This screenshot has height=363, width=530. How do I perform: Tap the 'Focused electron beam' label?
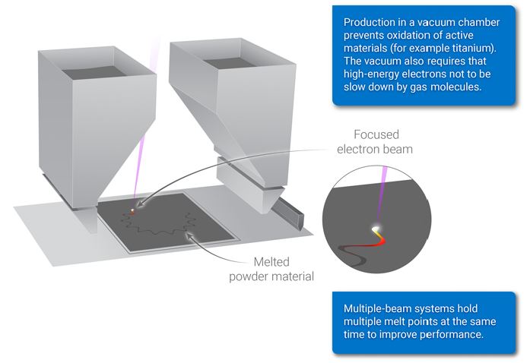click(x=376, y=142)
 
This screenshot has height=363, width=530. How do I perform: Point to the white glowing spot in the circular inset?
click(x=375, y=227)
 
